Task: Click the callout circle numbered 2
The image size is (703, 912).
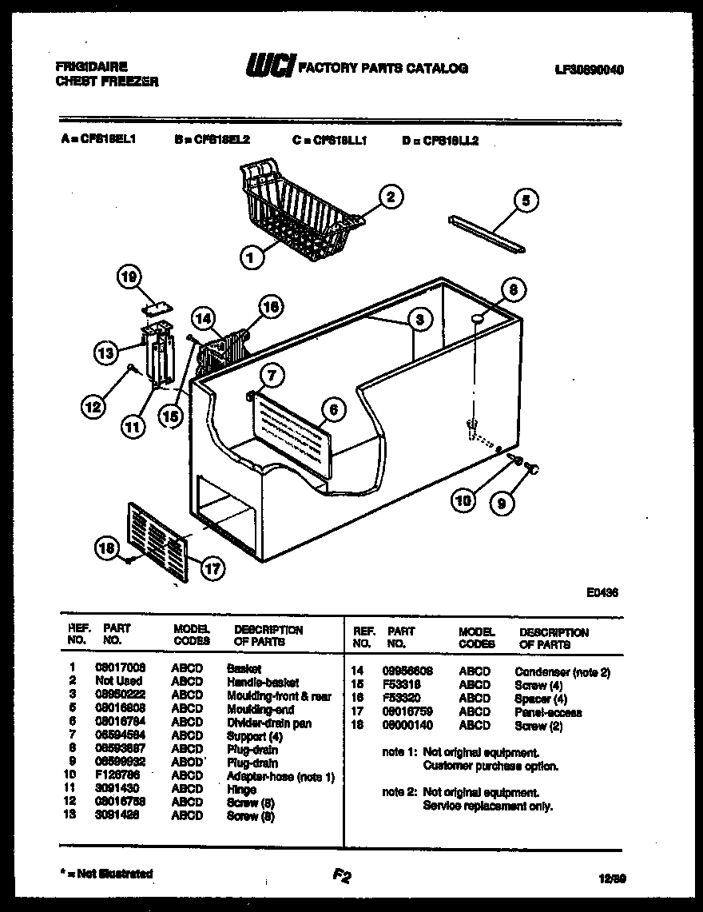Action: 391,197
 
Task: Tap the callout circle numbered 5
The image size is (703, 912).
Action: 525,201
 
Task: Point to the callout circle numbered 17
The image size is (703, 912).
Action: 212,569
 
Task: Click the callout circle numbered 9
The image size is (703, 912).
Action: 502,504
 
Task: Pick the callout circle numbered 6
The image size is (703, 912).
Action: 333,409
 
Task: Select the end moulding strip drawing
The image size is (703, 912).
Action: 487,235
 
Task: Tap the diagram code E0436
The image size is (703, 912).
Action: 601,593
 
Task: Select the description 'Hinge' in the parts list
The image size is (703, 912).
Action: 241,790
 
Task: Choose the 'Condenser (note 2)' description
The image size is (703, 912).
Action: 562,672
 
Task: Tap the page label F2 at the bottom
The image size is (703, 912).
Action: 342,877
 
